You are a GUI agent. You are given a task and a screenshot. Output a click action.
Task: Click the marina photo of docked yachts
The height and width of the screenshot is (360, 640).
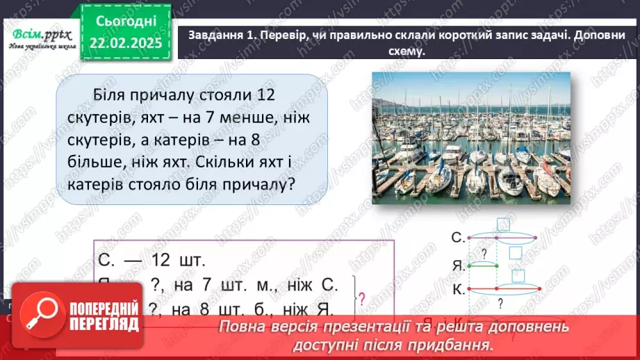pyautogui.click(x=470, y=138)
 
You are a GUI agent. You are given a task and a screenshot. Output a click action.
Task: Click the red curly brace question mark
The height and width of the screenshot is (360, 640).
pyautogui.click(x=361, y=297)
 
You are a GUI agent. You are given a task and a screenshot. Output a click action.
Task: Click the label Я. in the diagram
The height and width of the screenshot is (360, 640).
pyautogui.click(x=456, y=264)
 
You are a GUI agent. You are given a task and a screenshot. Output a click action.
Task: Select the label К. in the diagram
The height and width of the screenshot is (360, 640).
pyautogui.click(x=456, y=287)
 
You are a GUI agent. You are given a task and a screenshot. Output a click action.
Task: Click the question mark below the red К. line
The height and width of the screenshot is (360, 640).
pyautogui.click(x=499, y=303)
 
